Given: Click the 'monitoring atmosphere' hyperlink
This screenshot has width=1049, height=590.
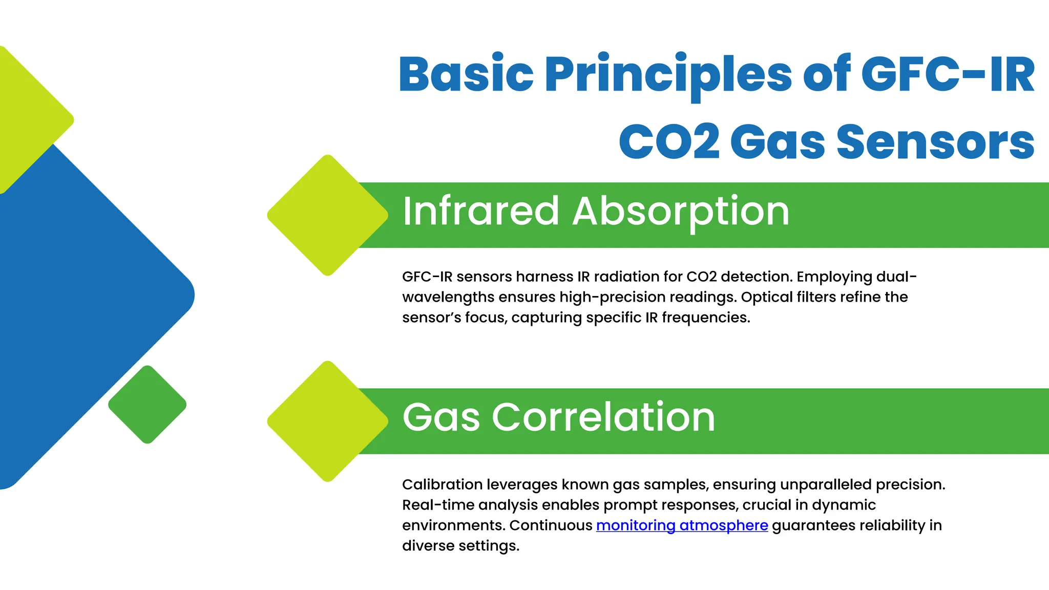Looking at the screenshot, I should pos(682,525).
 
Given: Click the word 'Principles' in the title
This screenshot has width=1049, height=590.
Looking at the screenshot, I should pos(668,75).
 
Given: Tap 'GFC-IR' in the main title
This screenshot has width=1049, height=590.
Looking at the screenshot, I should pos(948,75).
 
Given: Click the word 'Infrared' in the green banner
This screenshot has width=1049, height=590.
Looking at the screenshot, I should pos(480,211).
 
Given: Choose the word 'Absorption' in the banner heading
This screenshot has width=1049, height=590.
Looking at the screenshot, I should pos(681,212).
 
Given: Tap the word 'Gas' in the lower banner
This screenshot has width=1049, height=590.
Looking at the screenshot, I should pos(441,417).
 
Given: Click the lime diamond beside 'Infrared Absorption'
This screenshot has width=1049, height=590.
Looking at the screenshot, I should pos(327,215).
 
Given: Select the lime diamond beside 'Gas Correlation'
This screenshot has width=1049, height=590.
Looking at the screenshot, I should pos(327,421).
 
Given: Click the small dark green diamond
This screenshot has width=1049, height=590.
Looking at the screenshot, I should pos(148,405).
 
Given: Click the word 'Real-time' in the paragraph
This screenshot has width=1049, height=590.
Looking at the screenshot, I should pos(438,505).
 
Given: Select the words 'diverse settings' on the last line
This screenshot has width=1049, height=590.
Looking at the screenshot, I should pos(460,546).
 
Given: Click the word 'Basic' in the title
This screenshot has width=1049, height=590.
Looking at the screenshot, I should pos(466,75).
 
